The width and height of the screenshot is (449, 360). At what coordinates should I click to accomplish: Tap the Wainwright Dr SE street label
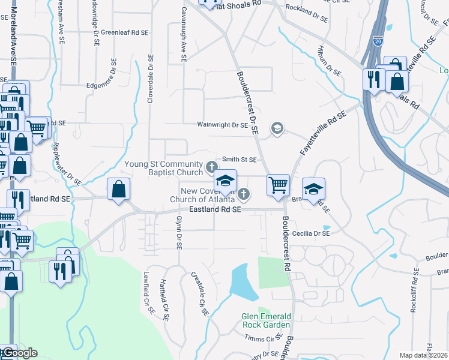click(x=222, y=125)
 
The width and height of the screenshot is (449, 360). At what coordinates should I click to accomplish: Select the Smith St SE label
click(x=240, y=160)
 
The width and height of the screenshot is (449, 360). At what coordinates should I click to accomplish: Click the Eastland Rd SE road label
click(x=215, y=209)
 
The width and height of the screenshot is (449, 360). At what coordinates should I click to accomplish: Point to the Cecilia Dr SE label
click(x=311, y=233)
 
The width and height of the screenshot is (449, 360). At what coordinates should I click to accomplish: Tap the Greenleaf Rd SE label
click(x=124, y=32)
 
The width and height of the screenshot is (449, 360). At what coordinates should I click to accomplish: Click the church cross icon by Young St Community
click(x=211, y=166)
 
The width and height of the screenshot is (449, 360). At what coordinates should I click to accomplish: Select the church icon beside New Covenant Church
click(x=244, y=193)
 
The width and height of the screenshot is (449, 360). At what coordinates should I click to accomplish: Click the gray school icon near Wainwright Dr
click(x=277, y=127)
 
